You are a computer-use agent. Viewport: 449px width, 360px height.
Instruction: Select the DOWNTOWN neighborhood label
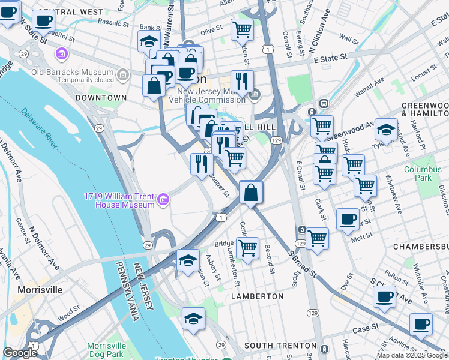pyautogui.click(x=101, y=97)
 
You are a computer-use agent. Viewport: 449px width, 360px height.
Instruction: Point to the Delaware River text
pyautogui.click(x=40, y=127)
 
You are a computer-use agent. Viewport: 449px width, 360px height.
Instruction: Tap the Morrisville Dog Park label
pyautogui.click(x=106, y=350)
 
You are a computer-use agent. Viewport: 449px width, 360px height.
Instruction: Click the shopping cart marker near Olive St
pyautogui.click(x=242, y=28)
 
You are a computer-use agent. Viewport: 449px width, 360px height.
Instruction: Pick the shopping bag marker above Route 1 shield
pyautogui.click(x=251, y=193)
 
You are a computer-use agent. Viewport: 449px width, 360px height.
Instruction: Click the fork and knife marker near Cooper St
pyautogui.click(x=202, y=163)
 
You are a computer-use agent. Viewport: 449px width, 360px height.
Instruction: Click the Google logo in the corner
pyautogui.click(x=20, y=353)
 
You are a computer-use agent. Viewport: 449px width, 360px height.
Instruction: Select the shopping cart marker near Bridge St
pyautogui.click(x=247, y=248)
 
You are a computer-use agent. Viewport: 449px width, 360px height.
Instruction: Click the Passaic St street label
pyautogui.click(x=113, y=23)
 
